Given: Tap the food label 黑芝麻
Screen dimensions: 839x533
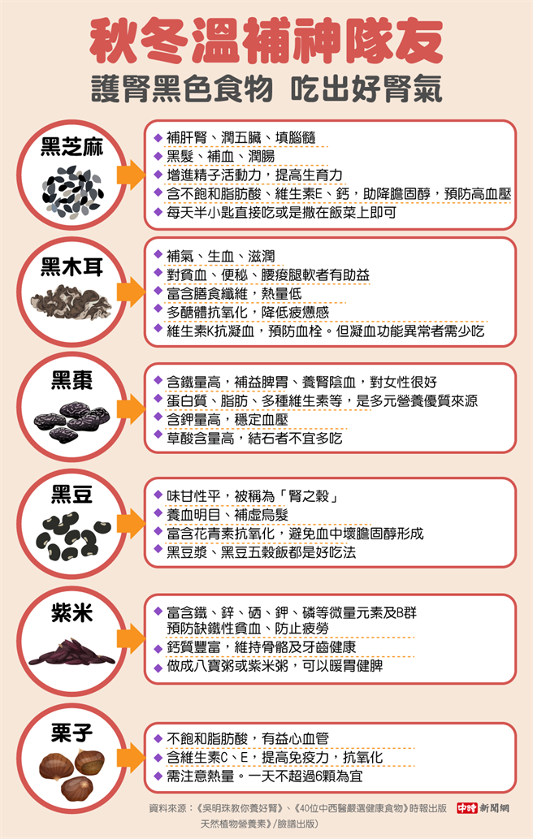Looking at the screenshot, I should pyautogui.click(x=72, y=147).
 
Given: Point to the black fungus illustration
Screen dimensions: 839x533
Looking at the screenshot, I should pyautogui.click(x=71, y=301).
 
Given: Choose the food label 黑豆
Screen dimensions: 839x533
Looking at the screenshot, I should pyautogui.click(x=71, y=495).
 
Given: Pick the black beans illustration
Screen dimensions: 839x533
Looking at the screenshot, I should pyautogui.click(x=71, y=537).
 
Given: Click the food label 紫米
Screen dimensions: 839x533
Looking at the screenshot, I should pyautogui.click(x=71, y=613).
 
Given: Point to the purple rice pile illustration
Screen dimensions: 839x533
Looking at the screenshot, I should pyautogui.click(x=73, y=651).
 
